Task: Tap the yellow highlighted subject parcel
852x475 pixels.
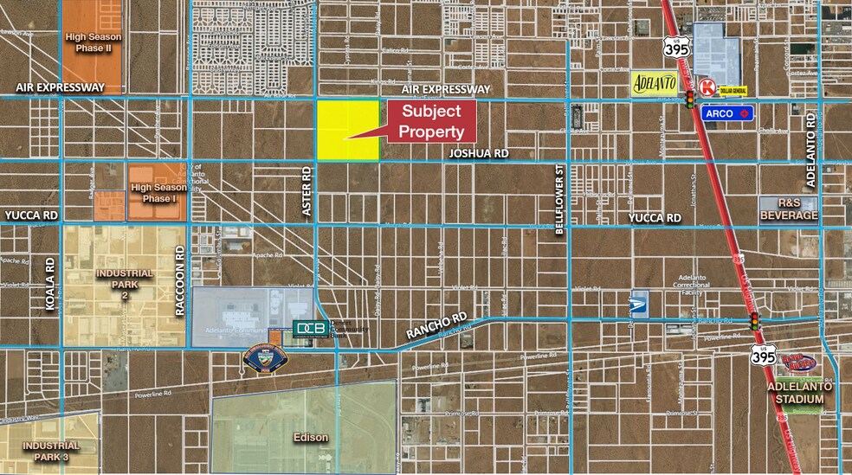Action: tap(347, 130)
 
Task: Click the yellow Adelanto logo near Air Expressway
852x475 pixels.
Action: tap(654, 85)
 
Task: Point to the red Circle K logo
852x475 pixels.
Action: tap(707, 87)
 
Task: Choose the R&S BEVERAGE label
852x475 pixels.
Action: tap(788, 209)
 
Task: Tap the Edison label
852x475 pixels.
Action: tap(309, 437)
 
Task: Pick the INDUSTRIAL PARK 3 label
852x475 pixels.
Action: tap(52, 451)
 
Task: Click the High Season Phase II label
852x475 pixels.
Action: tap(94, 42)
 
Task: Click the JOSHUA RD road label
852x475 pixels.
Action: tap(479, 153)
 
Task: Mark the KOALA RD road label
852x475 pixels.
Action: tap(50, 282)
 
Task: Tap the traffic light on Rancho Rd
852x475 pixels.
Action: tap(755, 320)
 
